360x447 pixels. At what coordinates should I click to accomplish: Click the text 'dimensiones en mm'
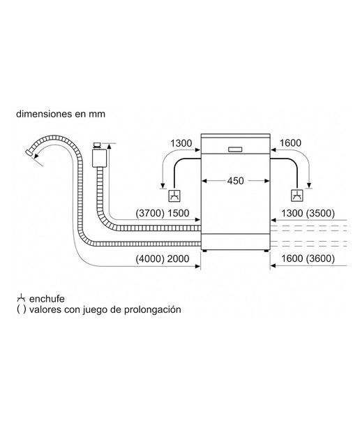(x=61, y=114)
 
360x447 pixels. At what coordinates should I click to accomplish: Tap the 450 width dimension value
(x=236, y=181)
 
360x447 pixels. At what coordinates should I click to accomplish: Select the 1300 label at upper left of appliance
(x=181, y=143)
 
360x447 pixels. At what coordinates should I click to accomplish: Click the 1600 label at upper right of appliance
(x=290, y=142)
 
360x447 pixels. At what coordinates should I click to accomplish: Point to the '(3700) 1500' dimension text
(x=163, y=213)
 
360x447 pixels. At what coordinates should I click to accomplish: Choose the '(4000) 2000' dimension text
(x=163, y=259)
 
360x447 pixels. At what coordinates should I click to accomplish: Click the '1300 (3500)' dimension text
(x=308, y=213)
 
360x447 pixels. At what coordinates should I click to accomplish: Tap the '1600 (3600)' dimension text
(x=308, y=258)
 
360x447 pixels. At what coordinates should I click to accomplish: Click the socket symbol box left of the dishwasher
(x=174, y=196)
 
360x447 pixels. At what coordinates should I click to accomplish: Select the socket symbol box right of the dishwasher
(x=297, y=196)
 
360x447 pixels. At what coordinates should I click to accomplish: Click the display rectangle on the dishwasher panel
(x=235, y=149)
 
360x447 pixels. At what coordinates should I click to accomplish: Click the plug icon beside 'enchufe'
(x=21, y=298)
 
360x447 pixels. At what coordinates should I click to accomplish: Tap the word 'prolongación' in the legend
(x=152, y=309)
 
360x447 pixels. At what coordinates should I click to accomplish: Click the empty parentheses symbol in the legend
(x=21, y=309)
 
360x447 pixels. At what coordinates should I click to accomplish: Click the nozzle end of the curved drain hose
(x=29, y=152)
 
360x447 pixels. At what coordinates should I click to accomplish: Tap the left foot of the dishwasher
(x=204, y=251)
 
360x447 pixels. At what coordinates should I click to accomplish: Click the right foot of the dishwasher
(x=266, y=251)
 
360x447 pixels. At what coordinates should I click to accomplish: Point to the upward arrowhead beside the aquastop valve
(x=109, y=147)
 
